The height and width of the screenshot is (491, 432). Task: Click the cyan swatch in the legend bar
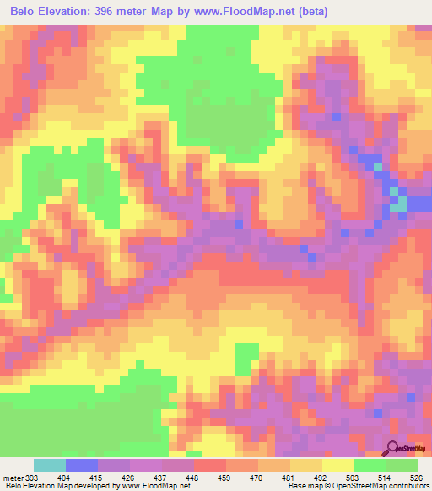tap(50, 465)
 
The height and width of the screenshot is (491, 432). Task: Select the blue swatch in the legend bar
tap(82, 465)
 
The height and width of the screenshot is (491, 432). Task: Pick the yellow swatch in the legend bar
tap(338, 465)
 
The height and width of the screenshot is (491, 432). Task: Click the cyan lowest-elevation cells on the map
tap(397, 202)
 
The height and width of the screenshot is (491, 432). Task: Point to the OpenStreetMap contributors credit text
tap(380, 487)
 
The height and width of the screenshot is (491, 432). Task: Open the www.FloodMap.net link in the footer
tap(157, 487)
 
